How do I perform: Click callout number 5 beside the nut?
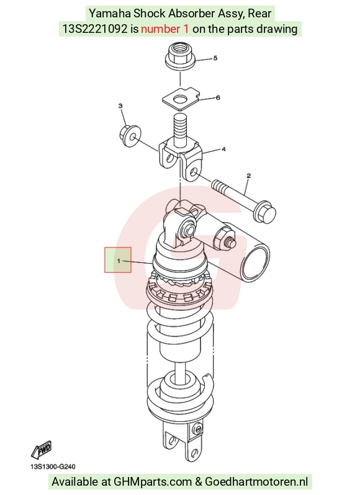click(215, 58)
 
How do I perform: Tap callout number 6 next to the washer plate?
click(218, 97)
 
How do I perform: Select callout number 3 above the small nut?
click(120, 105)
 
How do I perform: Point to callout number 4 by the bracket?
click(223, 149)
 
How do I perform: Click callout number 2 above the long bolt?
click(248, 176)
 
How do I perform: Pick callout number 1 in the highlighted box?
click(119, 261)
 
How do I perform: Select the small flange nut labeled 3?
click(130, 136)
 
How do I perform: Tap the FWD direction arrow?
click(42, 450)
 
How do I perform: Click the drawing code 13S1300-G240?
click(53, 466)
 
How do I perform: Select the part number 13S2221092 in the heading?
click(94, 29)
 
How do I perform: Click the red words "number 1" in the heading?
click(165, 29)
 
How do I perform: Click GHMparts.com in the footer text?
click(153, 482)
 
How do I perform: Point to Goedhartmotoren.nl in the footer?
click(256, 482)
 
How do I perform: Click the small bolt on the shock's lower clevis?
click(197, 429)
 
